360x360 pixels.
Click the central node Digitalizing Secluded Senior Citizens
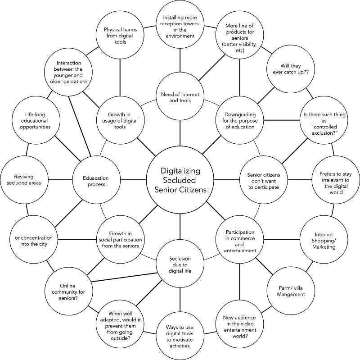180,180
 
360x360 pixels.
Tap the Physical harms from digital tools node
120,35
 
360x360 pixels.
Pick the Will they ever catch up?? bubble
290,69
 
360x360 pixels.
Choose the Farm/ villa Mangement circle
290,291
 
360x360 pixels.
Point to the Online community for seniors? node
68,291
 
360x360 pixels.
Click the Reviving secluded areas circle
24,180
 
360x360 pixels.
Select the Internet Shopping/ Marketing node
324,240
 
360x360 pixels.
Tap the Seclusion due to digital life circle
180,264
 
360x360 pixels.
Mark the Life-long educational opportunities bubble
36,120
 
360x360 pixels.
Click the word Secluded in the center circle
180,180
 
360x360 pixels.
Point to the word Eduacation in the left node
96,178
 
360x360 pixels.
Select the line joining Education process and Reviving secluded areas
60,180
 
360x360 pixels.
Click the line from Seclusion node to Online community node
125,277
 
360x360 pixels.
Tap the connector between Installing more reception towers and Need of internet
180,60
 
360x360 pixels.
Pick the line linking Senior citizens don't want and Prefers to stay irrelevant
300,180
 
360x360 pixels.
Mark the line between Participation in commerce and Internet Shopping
282,240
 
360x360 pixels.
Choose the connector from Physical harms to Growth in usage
120,77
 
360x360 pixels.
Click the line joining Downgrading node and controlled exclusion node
282,120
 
